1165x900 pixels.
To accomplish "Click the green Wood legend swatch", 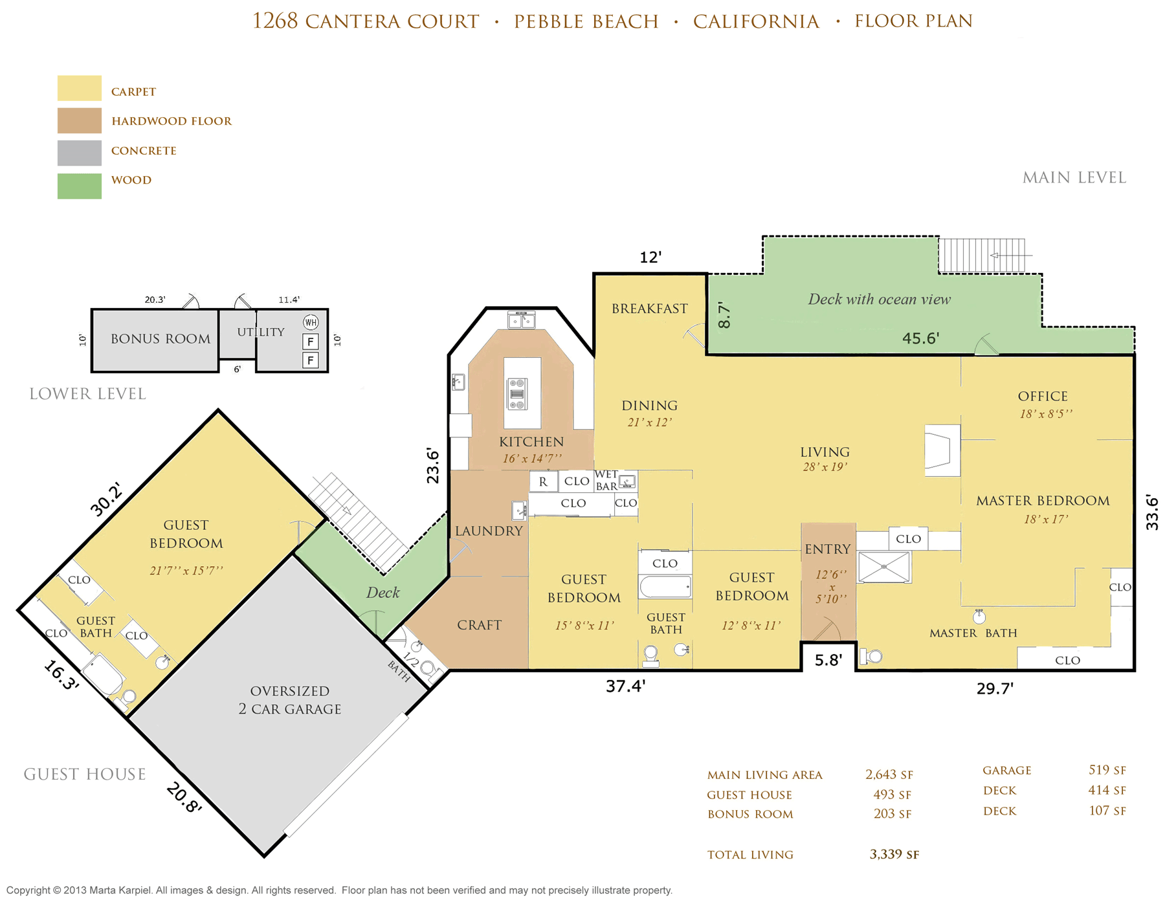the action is pos(80,186).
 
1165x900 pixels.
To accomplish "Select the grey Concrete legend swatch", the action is pos(80,153).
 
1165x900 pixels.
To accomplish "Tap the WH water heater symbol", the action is pos(311,322).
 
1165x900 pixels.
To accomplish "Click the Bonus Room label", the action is pos(161,339).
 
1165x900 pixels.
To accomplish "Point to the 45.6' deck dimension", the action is pos(920,338).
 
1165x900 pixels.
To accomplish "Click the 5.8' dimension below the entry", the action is pos(828,660).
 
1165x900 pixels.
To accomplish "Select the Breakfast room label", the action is pos(650,309).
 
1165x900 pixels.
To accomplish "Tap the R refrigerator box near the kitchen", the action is pos(544,481).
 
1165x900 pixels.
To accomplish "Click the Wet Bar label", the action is pos(606,480).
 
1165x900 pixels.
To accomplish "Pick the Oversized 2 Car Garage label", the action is pos(290,700).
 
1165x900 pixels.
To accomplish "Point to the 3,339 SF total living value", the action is pos(894,855).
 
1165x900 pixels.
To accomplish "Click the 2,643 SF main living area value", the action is pos(889,774).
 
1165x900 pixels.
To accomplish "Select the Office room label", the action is pos(1043,396).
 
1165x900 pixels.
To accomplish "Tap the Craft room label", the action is pos(479,625).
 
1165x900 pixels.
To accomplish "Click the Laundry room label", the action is pos(489,531).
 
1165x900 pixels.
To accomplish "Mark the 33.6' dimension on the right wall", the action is pos(1151,512).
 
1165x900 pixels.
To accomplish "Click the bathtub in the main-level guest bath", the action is pos(665,587).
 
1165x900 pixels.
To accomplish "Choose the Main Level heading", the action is pos(1074,178).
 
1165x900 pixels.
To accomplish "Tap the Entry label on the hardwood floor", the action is pos(828,549).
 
